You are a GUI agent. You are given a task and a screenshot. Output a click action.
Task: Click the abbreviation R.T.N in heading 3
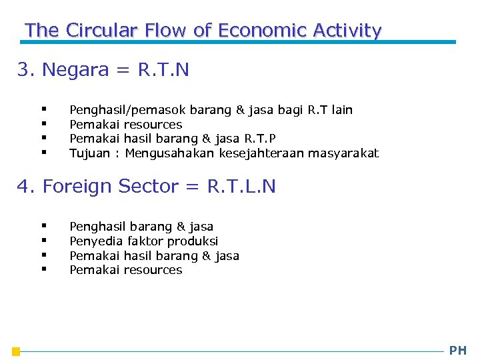(x=163, y=70)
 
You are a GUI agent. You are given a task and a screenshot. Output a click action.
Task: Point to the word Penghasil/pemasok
(x=128, y=110)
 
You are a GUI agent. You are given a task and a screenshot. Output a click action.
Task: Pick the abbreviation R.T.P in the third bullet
(x=261, y=139)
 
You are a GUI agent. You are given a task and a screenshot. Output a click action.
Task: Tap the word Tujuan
(x=90, y=153)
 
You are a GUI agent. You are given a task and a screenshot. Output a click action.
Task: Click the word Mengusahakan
(x=171, y=153)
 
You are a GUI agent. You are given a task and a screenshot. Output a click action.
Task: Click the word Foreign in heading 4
(x=79, y=187)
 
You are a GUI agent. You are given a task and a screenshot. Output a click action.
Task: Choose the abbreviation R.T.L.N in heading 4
(x=241, y=187)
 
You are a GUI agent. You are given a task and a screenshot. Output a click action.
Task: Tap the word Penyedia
(x=93, y=241)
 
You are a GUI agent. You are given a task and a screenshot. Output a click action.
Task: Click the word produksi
(x=193, y=241)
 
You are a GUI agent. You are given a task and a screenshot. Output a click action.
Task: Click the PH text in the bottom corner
(x=458, y=351)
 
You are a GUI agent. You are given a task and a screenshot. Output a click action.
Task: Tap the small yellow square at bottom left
(x=16, y=351)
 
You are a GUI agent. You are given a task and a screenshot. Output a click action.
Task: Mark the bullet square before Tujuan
(x=43, y=153)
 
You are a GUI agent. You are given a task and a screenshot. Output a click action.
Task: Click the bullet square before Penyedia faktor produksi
(x=43, y=240)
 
